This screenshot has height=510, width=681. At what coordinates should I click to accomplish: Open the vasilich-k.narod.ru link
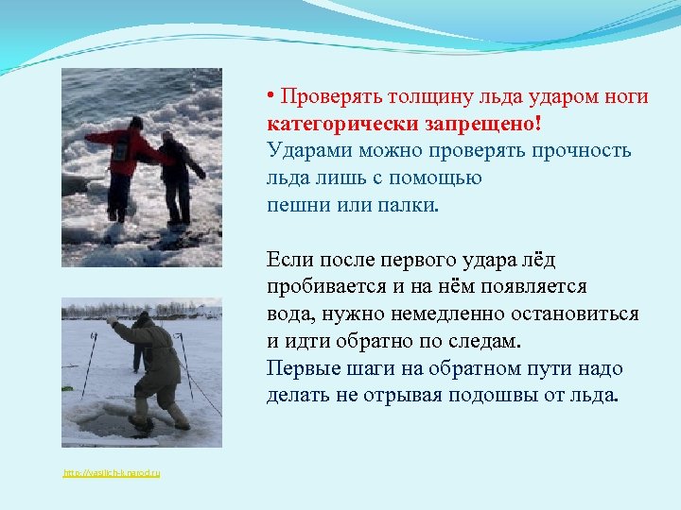pos(112,472)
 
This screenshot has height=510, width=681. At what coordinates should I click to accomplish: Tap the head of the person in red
pos(136,123)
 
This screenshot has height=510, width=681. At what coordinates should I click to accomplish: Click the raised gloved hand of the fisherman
pos(111,321)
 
